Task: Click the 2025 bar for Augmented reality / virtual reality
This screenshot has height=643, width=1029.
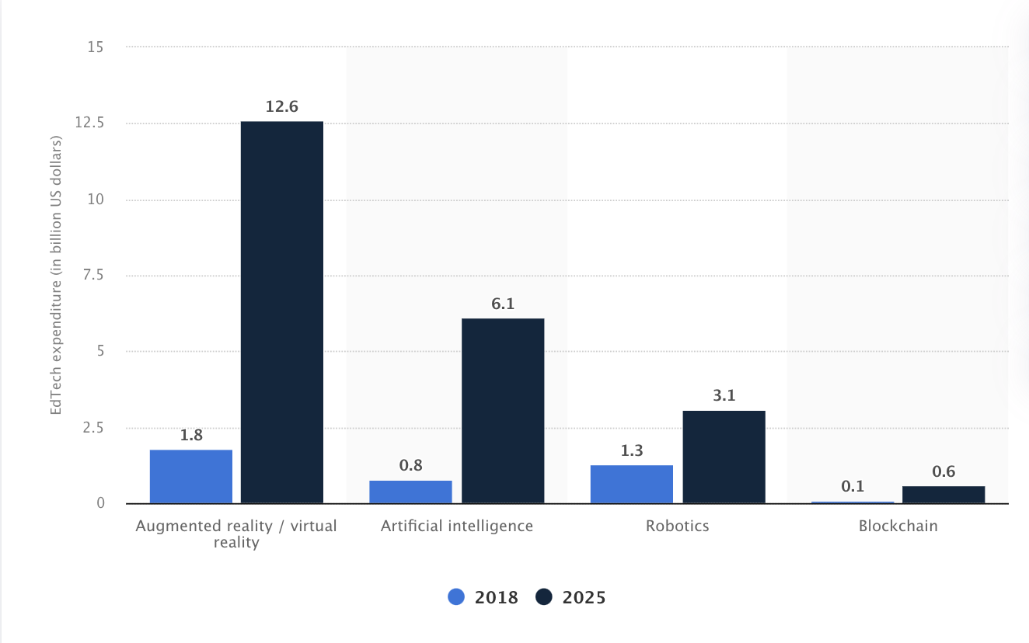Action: pos(282,312)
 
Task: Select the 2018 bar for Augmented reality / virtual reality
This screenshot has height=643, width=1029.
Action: pos(191,476)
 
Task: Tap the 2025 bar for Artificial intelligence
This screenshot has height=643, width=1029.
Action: pos(503,411)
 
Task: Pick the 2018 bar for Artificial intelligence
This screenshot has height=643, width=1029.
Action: pos(410,492)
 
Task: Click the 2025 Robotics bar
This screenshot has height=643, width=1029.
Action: pos(724,457)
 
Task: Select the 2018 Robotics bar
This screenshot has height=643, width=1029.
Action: pos(632,485)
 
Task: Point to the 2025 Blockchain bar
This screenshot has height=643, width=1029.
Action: pos(944,495)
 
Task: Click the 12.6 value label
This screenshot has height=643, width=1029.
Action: pos(282,106)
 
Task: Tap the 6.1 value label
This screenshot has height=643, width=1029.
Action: pos(503,304)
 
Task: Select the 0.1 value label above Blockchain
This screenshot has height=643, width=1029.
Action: pos(853,486)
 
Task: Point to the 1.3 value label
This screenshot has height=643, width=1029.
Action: pos(632,450)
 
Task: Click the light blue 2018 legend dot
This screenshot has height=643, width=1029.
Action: pos(456,596)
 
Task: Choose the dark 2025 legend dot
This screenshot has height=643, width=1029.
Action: pos(544,596)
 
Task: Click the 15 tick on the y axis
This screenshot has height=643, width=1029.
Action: pos(96,47)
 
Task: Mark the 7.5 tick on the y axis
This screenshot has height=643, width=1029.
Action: pos(93,275)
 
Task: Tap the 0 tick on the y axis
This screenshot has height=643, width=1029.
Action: pos(100,503)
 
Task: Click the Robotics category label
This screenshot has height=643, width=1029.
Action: pos(677,526)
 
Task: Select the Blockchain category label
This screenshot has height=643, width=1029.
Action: pos(898,526)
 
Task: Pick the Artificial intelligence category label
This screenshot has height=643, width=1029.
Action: pos(457,526)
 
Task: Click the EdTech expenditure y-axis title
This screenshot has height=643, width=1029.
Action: pos(56,275)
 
